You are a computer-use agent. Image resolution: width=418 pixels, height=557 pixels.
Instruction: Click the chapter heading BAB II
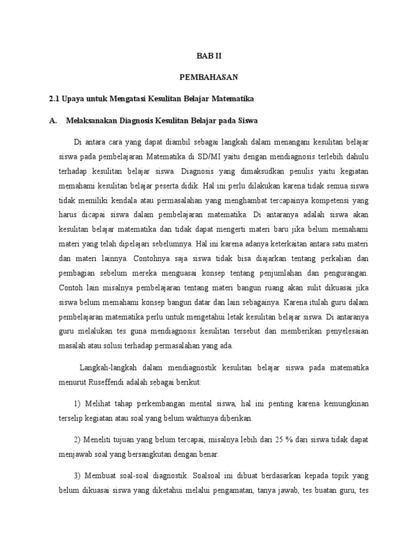coord(208,55)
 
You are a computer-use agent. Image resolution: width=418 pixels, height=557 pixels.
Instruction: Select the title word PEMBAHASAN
coord(208,77)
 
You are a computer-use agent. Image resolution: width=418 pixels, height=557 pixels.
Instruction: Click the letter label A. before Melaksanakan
coord(53,121)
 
